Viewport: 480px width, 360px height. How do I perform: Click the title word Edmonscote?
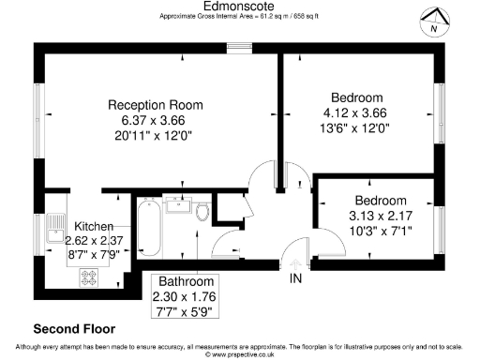tap(240, 6)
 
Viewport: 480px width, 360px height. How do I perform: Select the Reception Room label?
tap(156, 104)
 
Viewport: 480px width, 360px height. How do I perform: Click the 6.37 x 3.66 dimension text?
tap(156, 121)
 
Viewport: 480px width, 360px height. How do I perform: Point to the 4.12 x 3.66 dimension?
tap(356, 112)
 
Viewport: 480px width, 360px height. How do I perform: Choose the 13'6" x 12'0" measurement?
tap(356, 128)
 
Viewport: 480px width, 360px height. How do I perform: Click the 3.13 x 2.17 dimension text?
tap(381, 216)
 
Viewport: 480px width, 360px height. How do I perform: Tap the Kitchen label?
tap(94, 227)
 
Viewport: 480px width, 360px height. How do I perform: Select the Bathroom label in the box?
tap(187, 281)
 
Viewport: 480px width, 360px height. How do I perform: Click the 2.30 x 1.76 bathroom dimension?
tap(187, 296)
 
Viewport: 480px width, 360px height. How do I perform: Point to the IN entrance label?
tap(296, 279)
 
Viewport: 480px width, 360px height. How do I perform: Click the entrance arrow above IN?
tap(296, 263)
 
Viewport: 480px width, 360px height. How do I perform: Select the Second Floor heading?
tap(74, 329)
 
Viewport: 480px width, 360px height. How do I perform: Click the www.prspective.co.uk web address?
tap(240, 355)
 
